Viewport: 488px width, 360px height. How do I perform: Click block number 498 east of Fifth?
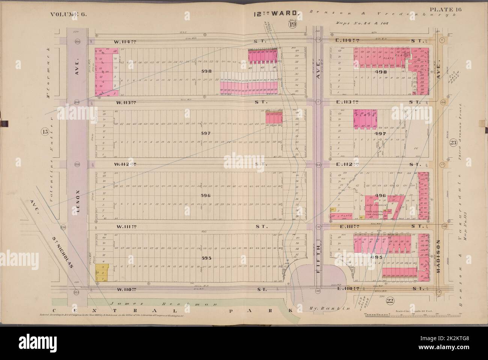tap(380, 71)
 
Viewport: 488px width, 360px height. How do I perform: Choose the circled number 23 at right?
tap(452, 142)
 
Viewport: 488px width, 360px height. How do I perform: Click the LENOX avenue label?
tap(78, 203)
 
